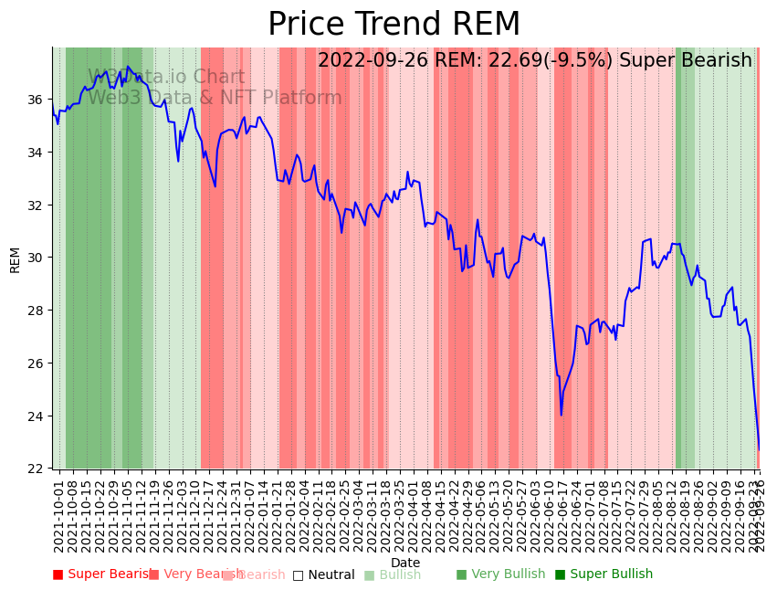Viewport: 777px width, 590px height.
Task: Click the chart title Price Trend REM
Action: click(x=394, y=25)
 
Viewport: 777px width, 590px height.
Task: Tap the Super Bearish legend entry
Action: click(x=102, y=574)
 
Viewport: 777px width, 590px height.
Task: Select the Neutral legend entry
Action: click(x=324, y=574)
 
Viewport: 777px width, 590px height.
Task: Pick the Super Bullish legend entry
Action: click(x=604, y=574)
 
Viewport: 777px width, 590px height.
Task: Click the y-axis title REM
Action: click(x=15, y=259)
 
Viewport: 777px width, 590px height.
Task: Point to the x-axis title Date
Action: click(x=405, y=564)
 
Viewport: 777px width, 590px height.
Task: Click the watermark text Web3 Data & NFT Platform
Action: click(x=215, y=98)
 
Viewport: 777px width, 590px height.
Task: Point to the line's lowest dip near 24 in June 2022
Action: click(x=562, y=415)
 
